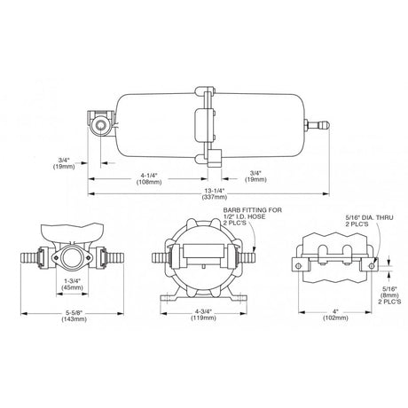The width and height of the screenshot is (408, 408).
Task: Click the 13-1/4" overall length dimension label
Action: point(214,193)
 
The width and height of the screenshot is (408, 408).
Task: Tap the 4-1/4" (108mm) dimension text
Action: point(149,178)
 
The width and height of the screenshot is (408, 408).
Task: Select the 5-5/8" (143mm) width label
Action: point(74,316)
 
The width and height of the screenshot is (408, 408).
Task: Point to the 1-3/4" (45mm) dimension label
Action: point(72,284)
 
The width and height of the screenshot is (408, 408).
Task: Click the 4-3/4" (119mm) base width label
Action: point(203,315)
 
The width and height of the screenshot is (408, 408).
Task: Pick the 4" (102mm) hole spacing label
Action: point(335,315)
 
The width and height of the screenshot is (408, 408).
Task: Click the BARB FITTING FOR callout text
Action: point(253,210)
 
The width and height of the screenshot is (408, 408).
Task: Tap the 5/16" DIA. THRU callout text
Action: point(369,217)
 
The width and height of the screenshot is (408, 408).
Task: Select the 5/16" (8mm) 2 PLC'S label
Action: point(390,295)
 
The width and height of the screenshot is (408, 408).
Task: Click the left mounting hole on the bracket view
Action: point(298,266)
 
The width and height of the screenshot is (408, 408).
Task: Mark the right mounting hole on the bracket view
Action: point(372,266)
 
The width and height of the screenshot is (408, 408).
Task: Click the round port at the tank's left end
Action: point(100,127)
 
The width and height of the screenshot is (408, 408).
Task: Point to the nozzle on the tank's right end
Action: point(317,124)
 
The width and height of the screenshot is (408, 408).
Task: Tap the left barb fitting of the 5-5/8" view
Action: point(31,257)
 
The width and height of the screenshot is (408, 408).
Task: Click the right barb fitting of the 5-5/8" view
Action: point(113,257)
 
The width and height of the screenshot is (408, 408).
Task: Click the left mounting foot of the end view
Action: point(169,297)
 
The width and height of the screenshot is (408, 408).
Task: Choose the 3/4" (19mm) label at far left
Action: point(64,163)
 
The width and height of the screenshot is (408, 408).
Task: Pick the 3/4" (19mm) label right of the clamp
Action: point(255,176)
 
